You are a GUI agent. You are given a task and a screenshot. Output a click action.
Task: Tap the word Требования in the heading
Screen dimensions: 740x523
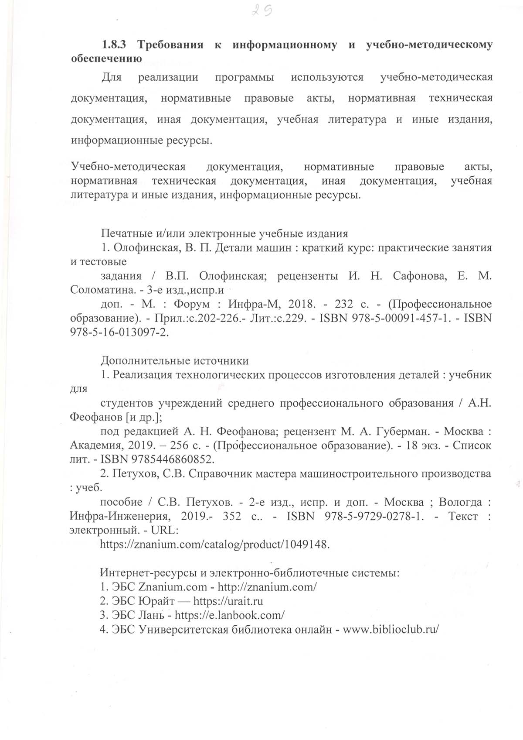pos(170,45)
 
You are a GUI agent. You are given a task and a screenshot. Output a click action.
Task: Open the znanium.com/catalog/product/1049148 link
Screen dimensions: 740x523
pos(215,545)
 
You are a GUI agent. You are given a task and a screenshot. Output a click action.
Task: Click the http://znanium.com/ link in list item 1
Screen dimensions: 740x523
pos(267,587)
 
